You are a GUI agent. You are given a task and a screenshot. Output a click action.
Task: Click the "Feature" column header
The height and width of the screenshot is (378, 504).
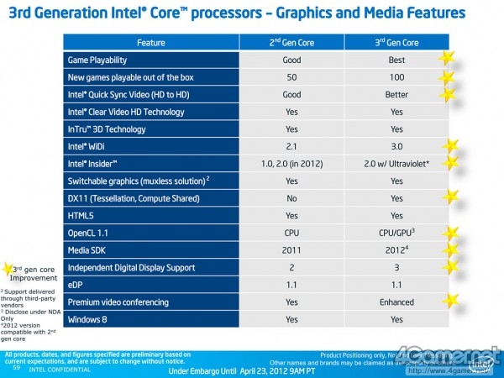(151, 42)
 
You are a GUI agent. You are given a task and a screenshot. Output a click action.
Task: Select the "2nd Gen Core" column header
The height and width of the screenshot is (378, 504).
(291, 42)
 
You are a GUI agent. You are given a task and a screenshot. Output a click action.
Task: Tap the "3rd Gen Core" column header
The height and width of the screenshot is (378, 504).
(396, 42)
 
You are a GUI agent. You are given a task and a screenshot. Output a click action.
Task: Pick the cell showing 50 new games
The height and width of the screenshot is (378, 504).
(291, 77)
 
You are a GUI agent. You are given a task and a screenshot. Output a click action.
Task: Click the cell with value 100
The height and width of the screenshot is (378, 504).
(396, 77)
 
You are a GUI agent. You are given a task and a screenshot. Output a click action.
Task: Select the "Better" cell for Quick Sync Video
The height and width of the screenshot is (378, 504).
(396, 95)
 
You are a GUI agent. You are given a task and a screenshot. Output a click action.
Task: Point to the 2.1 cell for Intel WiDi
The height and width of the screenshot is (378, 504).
(291, 146)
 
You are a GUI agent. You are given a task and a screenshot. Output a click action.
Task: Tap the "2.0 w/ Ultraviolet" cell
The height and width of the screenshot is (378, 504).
(397, 164)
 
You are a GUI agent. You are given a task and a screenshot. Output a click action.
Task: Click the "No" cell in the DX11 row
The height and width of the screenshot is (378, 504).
(291, 198)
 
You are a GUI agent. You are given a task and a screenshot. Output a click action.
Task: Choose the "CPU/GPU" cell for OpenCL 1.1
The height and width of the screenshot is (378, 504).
(396, 233)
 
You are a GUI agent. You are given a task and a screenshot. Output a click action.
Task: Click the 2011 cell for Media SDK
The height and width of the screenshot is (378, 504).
(291, 250)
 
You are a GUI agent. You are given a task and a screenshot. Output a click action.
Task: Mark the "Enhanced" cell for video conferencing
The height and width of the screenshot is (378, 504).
(396, 302)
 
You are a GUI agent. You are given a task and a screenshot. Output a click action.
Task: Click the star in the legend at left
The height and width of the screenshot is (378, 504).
(9, 268)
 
